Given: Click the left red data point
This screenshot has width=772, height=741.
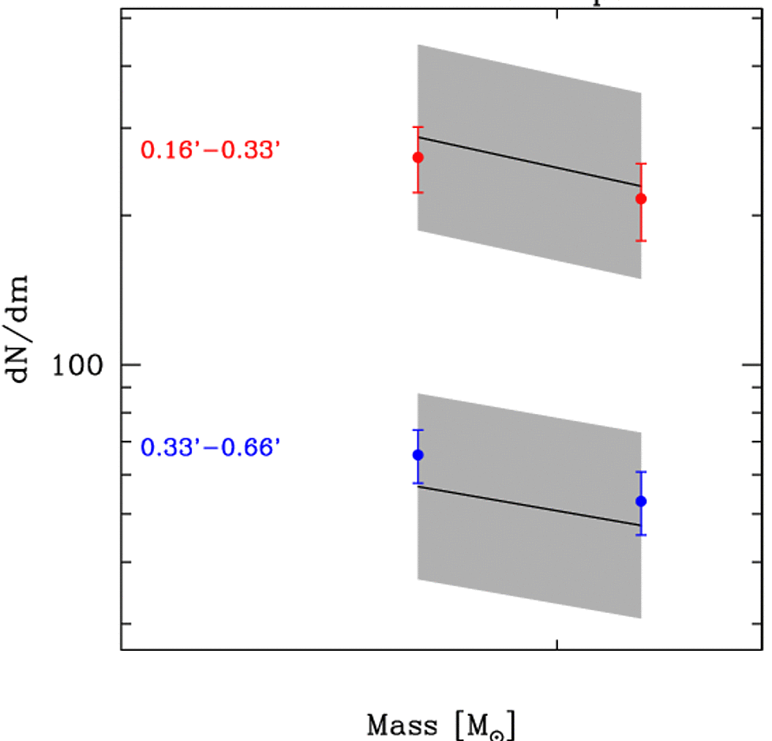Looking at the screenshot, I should tap(418, 157).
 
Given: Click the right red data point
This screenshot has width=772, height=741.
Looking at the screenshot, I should tap(641, 198).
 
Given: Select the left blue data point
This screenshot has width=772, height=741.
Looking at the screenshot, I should tap(418, 454).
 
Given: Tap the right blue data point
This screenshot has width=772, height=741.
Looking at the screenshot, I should tap(641, 501).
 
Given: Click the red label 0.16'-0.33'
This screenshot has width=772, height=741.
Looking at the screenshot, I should tap(210, 150).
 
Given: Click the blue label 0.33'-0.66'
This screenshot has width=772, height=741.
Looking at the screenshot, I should tap(210, 448).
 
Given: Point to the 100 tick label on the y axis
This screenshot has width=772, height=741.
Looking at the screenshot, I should tap(79, 366).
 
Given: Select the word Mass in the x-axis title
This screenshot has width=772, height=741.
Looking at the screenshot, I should tap(402, 724).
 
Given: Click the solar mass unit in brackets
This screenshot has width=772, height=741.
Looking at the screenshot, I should tap(489, 725).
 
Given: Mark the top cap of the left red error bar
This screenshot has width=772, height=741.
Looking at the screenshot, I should tap(418, 127).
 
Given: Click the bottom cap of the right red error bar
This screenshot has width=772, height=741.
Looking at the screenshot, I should tap(641, 241).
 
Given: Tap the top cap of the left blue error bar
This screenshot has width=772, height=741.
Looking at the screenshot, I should tap(418, 430).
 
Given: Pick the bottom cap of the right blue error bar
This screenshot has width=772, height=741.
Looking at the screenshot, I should tap(641, 535).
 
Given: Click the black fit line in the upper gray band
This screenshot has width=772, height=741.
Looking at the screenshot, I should tap(529, 161).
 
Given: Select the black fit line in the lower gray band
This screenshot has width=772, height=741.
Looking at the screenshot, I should tap(529, 506).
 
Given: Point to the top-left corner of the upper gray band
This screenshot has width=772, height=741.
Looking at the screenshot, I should tap(418, 45).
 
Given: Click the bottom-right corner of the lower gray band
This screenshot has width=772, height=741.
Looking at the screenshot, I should tap(640, 618).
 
